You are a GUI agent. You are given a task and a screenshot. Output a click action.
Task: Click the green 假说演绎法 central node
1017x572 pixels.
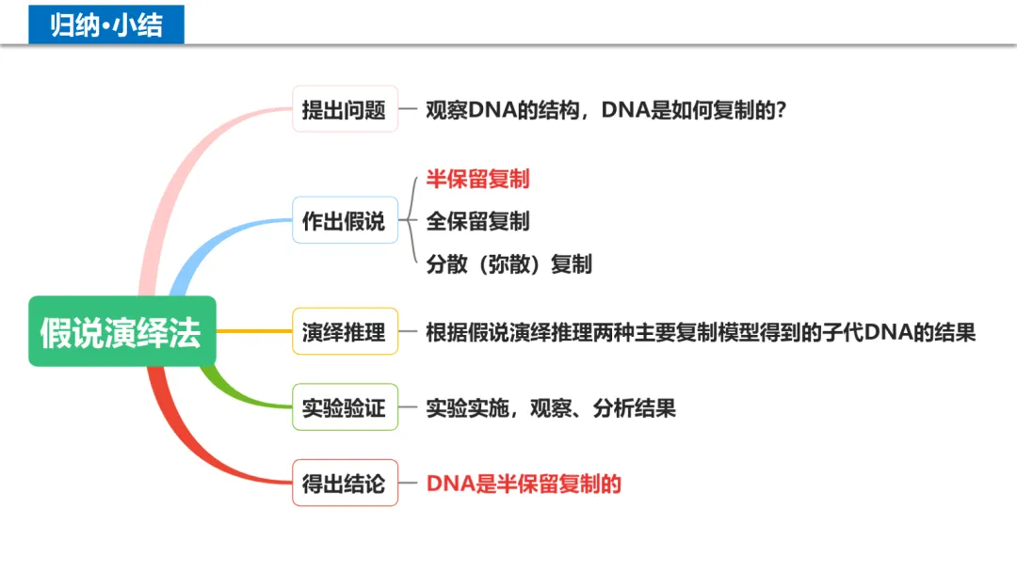pyautogui.click(x=121, y=332)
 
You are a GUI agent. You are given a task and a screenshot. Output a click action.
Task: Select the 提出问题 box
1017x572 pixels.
pyautogui.click(x=345, y=109)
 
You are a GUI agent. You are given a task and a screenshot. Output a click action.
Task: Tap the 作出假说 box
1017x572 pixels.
pyautogui.click(x=345, y=221)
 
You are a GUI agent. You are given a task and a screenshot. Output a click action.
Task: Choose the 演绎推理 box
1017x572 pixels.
pyautogui.click(x=345, y=332)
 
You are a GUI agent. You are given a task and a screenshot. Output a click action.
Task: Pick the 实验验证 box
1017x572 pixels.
pyautogui.click(x=345, y=407)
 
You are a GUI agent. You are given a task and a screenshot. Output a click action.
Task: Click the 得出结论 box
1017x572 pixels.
pyautogui.click(x=345, y=484)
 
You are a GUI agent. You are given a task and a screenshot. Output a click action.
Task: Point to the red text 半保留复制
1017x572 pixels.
pyautogui.click(x=477, y=179)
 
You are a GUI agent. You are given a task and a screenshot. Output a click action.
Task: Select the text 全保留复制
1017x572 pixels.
pyautogui.click(x=477, y=221)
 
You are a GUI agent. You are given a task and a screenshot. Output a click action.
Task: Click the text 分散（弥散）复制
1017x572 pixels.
pyautogui.click(x=508, y=263)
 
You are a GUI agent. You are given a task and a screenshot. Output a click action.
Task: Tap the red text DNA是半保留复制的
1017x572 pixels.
pyautogui.click(x=524, y=484)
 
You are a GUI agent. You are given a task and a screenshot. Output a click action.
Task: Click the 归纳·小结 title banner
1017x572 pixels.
pyautogui.click(x=106, y=24)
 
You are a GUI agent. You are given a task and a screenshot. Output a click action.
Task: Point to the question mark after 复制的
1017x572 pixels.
pyautogui.click(x=780, y=110)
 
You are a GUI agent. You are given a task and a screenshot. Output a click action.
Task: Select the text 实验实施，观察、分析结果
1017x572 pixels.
pyautogui.click(x=551, y=408)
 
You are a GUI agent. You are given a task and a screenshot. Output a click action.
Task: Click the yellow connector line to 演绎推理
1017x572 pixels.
pyautogui.click(x=254, y=331)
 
